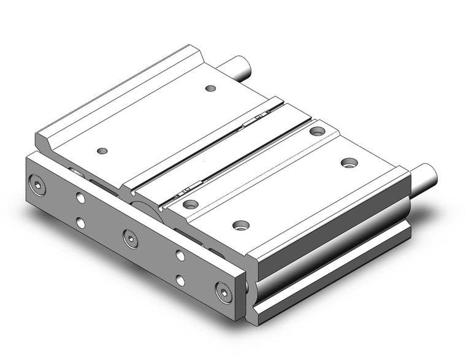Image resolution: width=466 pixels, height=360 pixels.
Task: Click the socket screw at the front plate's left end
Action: (x=39, y=185)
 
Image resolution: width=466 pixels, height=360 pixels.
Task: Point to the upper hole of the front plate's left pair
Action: (x=81, y=197)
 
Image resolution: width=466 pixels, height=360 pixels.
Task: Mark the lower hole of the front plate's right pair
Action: (x=180, y=280)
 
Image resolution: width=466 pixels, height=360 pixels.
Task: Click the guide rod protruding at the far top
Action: (x=240, y=69)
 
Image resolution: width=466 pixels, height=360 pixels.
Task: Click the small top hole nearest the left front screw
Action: (x=102, y=150)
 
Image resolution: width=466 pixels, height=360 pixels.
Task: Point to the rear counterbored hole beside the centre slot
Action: (x=317, y=131)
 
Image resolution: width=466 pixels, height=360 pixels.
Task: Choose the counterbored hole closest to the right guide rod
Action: (x=349, y=163)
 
